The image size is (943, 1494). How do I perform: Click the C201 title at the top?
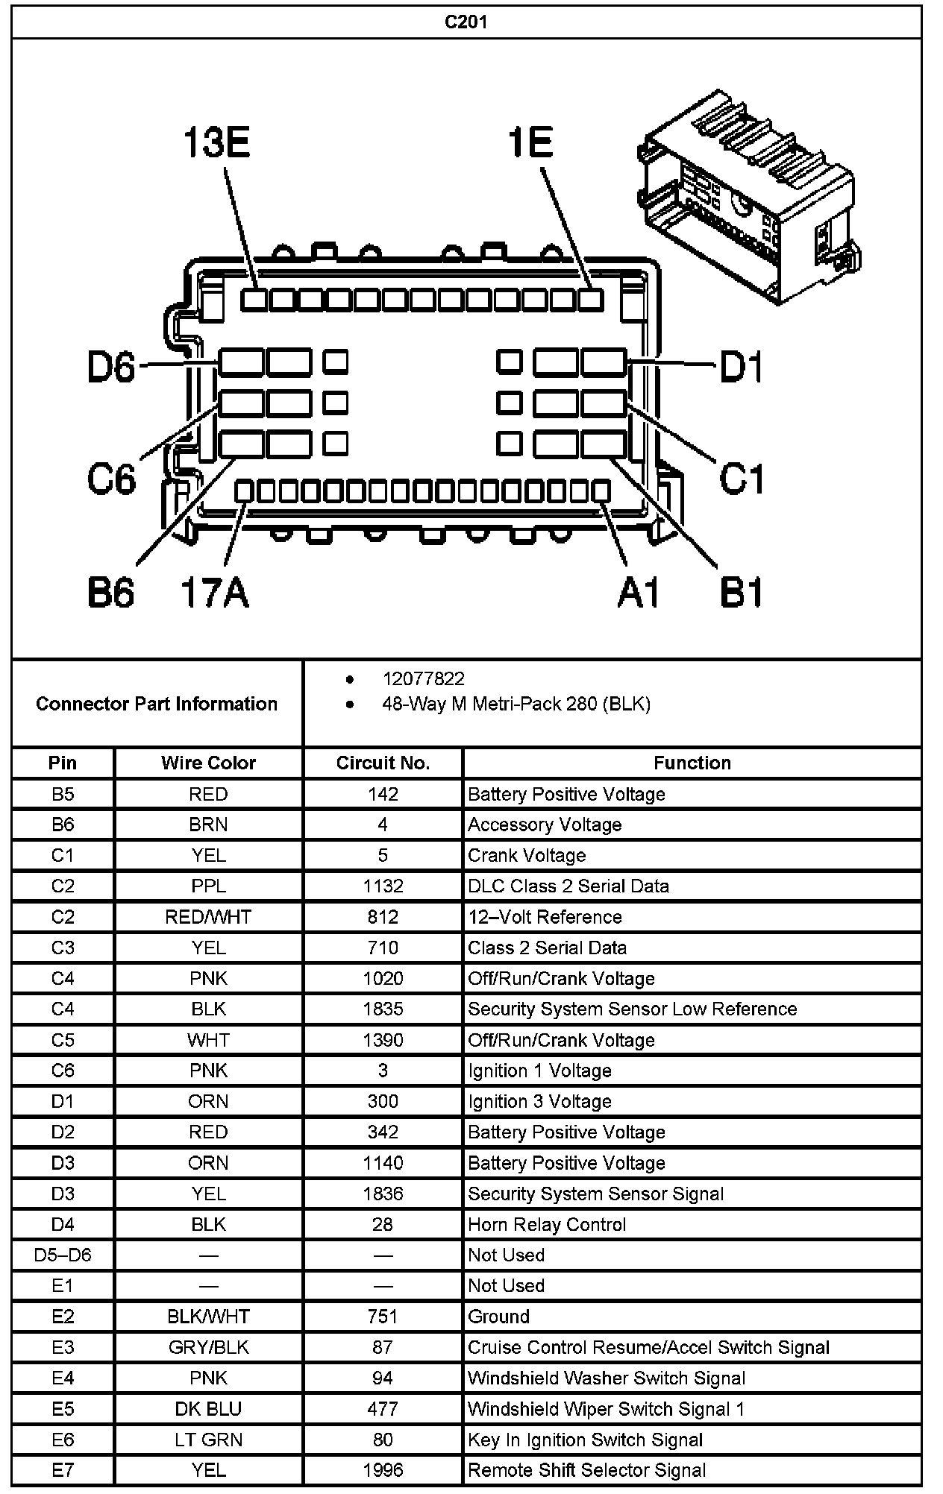466,22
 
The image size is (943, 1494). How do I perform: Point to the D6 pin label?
112,367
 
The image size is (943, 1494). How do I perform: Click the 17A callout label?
215,593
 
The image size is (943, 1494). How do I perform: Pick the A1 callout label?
639,593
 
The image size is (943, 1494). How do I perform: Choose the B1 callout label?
742,593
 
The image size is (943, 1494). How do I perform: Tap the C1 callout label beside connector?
742,478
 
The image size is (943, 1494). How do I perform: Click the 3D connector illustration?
750,198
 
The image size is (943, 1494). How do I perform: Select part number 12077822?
423,678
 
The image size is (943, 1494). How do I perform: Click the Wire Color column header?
208,763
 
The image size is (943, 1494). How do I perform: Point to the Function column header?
692,763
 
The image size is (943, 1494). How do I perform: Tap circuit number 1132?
383,886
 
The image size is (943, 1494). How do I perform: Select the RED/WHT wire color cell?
208,916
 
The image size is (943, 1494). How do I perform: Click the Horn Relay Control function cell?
547,1224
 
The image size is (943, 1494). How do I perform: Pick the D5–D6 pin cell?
63,1255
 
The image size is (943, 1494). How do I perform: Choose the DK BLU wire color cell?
208,1408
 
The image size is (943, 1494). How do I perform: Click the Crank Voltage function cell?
527,855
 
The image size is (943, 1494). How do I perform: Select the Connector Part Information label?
157,703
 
